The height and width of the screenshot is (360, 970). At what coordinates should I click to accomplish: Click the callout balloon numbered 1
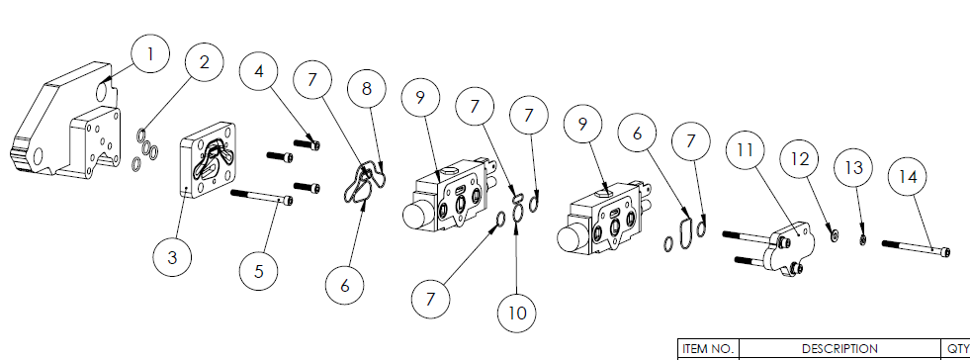149,54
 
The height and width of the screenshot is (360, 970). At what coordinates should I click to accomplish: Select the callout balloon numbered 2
205,62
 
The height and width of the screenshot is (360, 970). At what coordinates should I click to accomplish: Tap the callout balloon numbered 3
172,257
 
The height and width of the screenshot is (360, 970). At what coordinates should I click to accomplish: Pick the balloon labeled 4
259,71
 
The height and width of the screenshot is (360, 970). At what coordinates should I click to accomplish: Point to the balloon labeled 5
259,270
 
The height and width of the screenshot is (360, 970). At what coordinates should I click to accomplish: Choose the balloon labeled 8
367,88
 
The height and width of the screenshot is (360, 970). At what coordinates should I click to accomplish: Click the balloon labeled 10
517,313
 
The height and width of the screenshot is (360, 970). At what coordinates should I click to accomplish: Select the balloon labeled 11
747,149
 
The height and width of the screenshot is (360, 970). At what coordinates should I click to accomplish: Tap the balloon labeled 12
800,159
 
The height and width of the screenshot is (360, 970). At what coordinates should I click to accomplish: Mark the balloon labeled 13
853,167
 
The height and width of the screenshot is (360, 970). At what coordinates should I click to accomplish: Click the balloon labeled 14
908,177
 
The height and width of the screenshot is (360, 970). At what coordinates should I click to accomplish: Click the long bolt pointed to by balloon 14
916,247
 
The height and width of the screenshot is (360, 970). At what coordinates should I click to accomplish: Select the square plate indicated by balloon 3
208,160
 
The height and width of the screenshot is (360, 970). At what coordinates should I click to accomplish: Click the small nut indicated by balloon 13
863,240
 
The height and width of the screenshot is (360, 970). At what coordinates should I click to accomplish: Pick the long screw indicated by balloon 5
262,198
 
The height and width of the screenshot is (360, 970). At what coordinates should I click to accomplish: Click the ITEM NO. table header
708,349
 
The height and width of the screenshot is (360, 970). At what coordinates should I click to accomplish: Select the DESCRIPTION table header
839,349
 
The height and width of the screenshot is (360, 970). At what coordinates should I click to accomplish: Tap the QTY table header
957,349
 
